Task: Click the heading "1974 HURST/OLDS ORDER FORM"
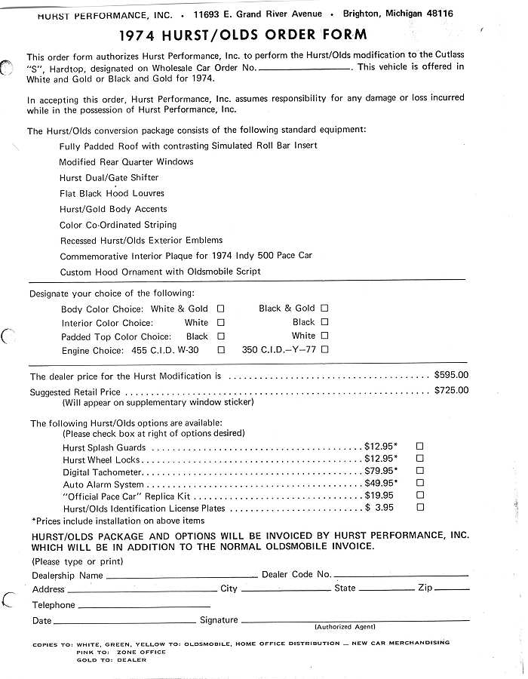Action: coord(244,35)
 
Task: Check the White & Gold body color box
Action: coord(221,309)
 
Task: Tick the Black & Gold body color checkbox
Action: coord(324,308)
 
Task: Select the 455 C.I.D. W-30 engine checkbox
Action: coord(221,350)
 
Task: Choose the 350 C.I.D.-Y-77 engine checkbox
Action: coord(324,349)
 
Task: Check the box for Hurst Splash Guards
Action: coord(420,447)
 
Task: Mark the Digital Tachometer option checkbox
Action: coord(420,472)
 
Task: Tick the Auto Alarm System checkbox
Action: coord(420,484)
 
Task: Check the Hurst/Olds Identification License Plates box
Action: coord(420,508)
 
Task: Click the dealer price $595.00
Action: coord(451,375)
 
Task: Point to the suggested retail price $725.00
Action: coord(451,390)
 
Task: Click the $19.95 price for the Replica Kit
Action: coord(379,496)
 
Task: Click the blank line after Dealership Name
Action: coord(181,577)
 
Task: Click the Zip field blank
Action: coord(452,590)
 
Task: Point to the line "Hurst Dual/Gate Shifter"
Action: coord(109,178)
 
